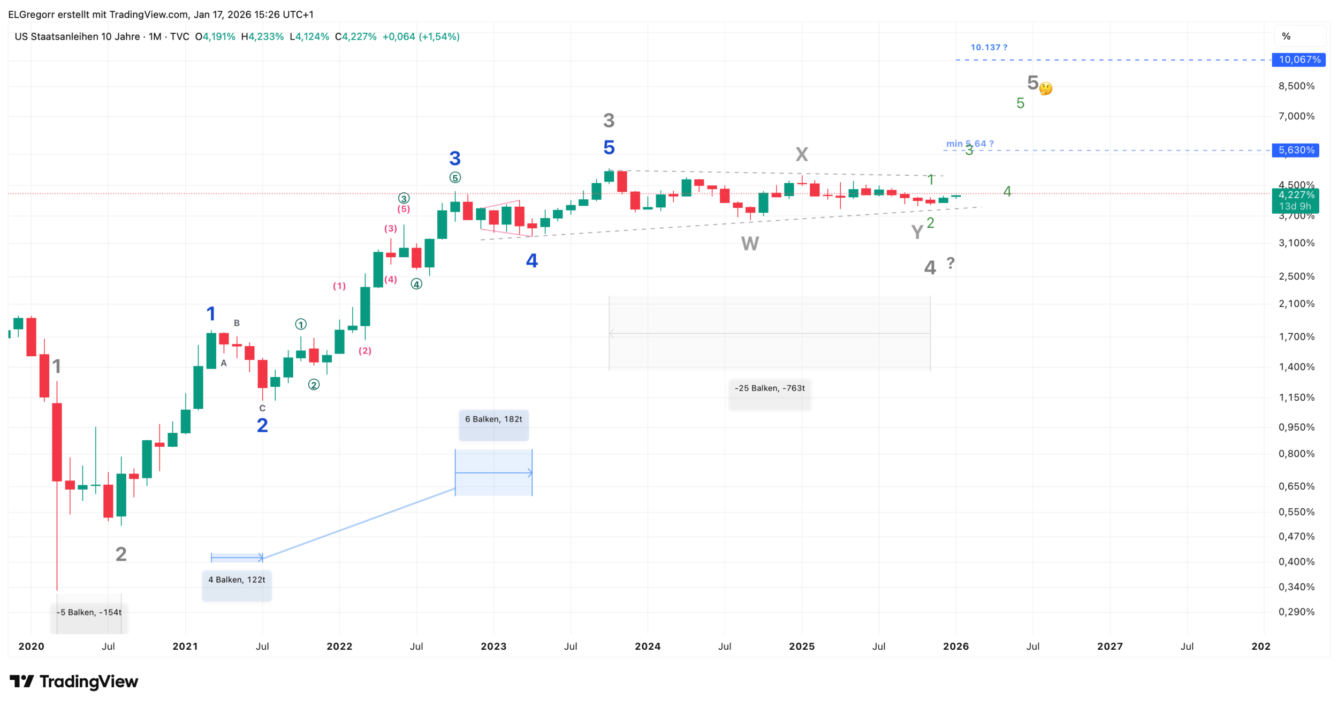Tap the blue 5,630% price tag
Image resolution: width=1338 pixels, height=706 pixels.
point(1296,150)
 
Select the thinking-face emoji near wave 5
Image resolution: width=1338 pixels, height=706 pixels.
point(1046,88)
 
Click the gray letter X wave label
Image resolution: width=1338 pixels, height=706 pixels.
point(801,154)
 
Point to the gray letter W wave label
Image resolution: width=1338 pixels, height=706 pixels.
point(750,244)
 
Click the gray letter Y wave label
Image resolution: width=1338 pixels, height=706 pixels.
point(917,232)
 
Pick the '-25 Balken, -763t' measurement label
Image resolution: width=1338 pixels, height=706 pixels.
point(770,388)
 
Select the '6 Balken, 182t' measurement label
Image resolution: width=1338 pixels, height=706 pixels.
point(493,419)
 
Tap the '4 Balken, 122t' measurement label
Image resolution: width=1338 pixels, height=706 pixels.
point(237,580)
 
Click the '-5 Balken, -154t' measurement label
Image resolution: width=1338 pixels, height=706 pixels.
point(90,612)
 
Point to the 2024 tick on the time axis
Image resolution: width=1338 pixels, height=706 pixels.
point(648,647)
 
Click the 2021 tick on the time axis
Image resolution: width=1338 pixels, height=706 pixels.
point(185,647)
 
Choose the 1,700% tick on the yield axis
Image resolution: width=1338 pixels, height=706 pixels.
point(1296,337)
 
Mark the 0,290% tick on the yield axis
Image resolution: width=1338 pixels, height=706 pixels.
point(1296,612)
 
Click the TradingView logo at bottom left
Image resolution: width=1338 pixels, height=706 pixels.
point(74,681)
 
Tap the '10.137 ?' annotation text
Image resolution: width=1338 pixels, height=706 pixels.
point(989,48)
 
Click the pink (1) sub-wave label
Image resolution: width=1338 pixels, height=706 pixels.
point(339,286)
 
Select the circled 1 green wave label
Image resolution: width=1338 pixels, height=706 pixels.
point(301,325)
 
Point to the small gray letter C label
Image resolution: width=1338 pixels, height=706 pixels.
point(262,408)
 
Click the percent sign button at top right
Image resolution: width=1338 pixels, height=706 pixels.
point(1286,36)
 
